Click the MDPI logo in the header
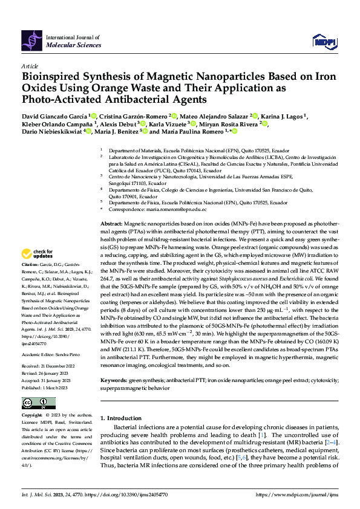coord(323,41)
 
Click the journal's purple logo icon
coord(31,41)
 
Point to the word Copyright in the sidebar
coord(32,416)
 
